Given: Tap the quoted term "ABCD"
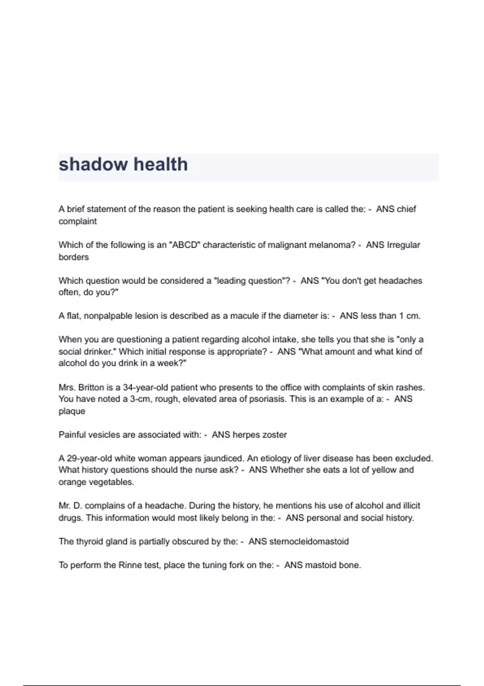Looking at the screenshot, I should tap(185, 245).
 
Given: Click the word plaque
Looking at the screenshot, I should tap(72, 411).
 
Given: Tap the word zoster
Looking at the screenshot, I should tap(274, 435).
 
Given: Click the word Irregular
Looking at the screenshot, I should tap(403, 245).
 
